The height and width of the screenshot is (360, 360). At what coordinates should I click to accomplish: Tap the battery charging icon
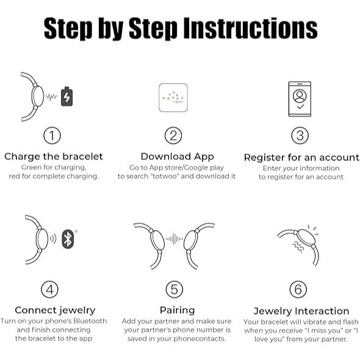coord(67,96)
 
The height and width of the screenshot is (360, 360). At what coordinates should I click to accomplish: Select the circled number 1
coord(52,135)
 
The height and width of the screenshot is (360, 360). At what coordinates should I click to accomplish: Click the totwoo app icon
coord(173,98)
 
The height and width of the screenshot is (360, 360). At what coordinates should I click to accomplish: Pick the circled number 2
coord(173,135)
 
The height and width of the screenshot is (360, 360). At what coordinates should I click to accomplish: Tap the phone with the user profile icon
coord(300,99)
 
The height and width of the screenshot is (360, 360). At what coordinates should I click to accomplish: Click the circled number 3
coord(300,135)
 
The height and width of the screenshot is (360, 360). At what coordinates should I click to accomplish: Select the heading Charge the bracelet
coord(54,157)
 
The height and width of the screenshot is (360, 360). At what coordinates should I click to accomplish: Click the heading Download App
coord(177,157)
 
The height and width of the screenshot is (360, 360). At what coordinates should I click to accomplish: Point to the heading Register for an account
coord(301,157)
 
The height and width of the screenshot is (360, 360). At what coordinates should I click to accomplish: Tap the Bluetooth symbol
coord(68,239)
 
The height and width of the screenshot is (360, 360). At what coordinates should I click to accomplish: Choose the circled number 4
coord(50,289)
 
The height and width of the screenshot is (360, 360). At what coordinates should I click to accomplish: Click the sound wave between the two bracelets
coord(175,239)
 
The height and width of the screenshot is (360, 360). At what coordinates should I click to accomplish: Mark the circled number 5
coord(175,289)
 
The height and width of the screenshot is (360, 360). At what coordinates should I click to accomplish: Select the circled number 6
coord(298,289)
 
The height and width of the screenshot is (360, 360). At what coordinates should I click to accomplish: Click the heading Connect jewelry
coord(55,311)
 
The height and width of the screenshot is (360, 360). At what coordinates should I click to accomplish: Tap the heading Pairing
coord(177,311)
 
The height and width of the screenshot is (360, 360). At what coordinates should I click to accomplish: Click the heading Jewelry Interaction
coord(301,311)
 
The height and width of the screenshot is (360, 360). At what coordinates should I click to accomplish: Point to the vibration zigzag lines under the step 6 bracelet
coord(298,247)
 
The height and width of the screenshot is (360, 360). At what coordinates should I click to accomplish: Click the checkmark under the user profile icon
coord(300,107)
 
